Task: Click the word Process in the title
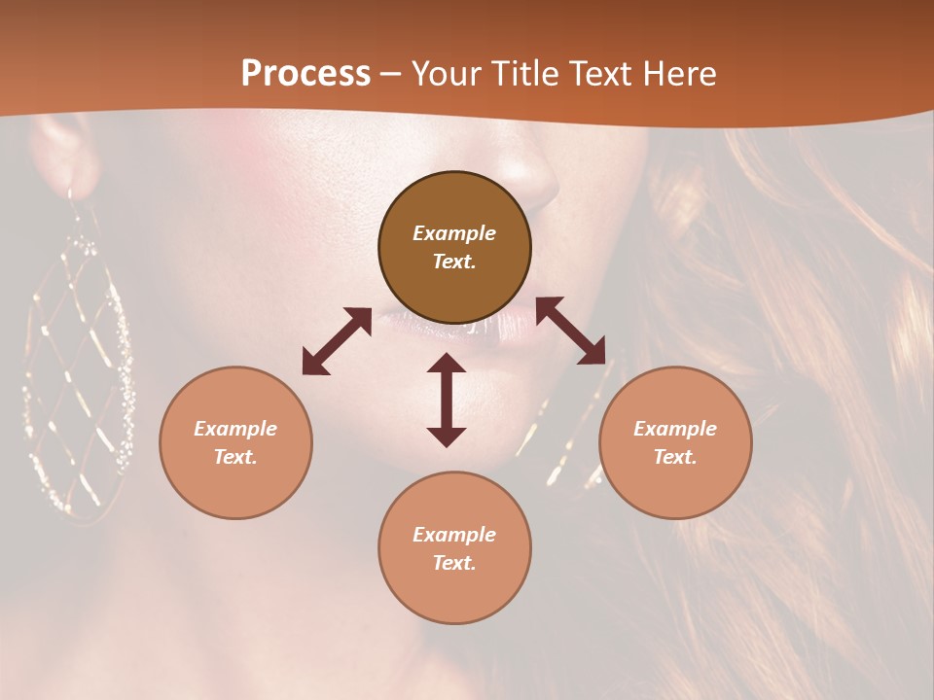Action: tap(305, 74)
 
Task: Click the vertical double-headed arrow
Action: tap(447, 400)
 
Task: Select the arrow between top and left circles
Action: tap(337, 341)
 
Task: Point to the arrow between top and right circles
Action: tap(570, 331)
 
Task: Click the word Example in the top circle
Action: tap(454, 233)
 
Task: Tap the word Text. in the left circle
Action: tap(235, 457)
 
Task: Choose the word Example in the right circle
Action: tap(675, 429)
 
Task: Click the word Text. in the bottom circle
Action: tap(454, 563)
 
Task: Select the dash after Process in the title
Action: tap(390, 74)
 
